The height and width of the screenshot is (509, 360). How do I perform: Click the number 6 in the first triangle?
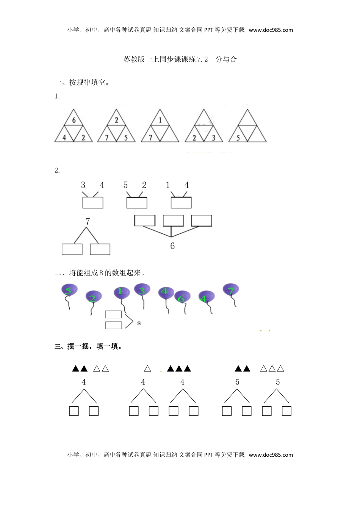[x=74, y=120]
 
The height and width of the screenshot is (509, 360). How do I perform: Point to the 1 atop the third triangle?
[x=160, y=120]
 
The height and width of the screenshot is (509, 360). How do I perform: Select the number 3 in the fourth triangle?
[x=214, y=138]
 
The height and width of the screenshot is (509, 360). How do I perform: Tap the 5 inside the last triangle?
[x=238, y=138]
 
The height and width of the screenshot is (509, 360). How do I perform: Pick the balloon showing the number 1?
[x=121, y=292]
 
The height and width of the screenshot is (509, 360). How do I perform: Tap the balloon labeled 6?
[x=182, y=298]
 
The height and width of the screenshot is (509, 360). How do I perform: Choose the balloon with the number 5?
[x=69, y=291]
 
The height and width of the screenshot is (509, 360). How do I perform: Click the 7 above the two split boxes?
[x=88, y=222]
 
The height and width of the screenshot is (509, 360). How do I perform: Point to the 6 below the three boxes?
[x=172, y=246]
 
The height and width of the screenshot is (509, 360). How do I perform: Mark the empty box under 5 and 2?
[x=137, y=203]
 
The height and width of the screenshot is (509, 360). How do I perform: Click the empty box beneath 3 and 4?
[x=93, y=203]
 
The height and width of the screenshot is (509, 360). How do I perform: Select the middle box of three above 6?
[x=173, y=221]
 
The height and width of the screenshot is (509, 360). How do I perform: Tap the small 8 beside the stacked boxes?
[x=139, y=323]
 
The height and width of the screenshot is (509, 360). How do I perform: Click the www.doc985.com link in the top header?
[x=271, y=30]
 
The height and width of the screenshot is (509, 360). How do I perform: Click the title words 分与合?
[x=226, y=59]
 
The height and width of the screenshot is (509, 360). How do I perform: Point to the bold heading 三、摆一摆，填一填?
[x=89, y=347]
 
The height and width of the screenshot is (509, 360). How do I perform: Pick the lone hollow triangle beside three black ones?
[x=148, y=368]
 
